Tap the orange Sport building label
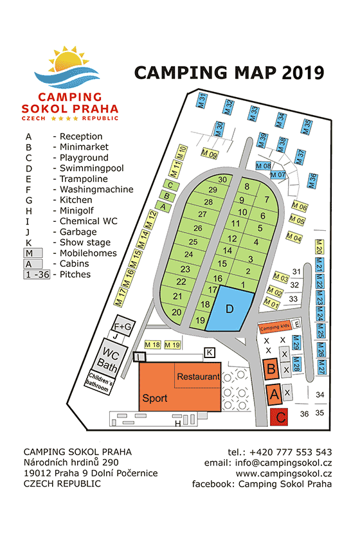[x=155, y=398]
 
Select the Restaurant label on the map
[x=198, y=376]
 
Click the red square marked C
[x=280, y=417]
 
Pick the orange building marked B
[x=271, y=369]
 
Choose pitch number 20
[x=177, y=312]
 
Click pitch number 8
[x=247, y=187]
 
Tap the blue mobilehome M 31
[x=201, y=101]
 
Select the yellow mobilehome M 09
[x=210, y=154]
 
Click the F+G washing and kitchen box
[x=123, y=326]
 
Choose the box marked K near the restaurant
[x=209, y=352]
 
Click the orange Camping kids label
[x=274, y=326]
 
